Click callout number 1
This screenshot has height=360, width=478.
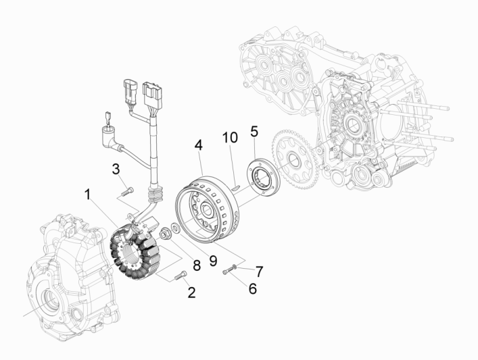[87, 195]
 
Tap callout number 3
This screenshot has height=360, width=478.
[116, 168]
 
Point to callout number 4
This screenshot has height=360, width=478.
[198, 145]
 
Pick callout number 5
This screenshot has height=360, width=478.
[254, 130]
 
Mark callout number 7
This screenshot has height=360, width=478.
[259, 270]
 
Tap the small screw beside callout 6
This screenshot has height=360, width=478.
[230, 271]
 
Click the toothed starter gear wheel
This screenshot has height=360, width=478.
[291, 162]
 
